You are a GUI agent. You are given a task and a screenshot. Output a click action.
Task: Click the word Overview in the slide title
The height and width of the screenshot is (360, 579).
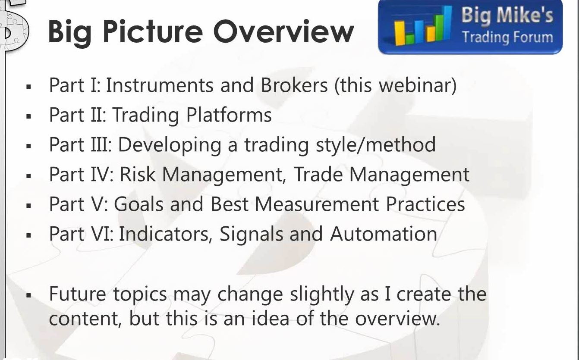pos(283,31)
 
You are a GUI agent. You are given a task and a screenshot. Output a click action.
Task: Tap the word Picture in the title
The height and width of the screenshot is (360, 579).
pos(153,31)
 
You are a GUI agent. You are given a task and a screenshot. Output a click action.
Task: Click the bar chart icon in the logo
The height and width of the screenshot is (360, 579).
pos(423,26)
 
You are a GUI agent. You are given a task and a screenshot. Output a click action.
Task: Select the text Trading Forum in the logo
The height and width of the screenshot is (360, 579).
pos(507,37)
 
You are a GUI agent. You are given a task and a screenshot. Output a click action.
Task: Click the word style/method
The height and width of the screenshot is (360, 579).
pos(376,145)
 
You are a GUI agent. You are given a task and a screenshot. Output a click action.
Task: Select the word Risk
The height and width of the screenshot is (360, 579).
pos(138,174)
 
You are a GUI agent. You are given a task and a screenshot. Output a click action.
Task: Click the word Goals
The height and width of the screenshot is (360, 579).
pos(138,204)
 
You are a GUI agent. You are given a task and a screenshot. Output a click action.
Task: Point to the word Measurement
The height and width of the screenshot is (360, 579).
pos(317,204)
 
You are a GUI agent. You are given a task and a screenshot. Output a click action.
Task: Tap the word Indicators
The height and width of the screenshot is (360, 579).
pos(164,234)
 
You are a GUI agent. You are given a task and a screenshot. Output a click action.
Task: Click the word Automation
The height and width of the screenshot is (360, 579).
pos(384,234)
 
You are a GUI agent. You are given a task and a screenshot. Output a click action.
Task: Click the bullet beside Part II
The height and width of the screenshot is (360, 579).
pos(28,116)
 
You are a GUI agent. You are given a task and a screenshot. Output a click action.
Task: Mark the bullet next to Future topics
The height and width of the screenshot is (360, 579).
pos(28,295)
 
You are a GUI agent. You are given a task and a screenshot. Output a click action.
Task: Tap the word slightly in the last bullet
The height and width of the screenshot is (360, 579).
pos(322,294)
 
